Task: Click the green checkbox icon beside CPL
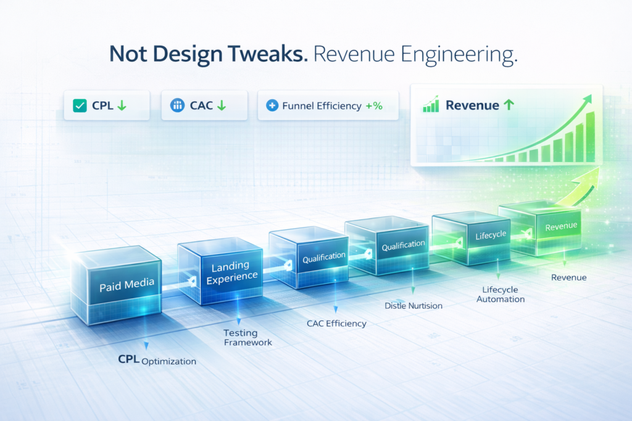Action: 80,105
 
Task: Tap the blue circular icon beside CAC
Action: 177,105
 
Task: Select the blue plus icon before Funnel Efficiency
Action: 272,105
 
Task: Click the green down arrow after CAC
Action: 222,105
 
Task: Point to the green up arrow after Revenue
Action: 509,105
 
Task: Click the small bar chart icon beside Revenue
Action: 430,104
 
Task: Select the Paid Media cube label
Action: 127,285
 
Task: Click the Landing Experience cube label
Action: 231,272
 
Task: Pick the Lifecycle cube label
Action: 491,235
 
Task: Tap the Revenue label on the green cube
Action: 561,226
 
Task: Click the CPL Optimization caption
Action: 157,360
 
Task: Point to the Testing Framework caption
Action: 247,338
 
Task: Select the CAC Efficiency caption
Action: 336,324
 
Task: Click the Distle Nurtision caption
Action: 413,306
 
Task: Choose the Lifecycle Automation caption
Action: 500,294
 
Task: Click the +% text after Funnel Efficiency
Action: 374,106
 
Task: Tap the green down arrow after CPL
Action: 122,105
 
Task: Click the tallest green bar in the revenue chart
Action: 590,137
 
